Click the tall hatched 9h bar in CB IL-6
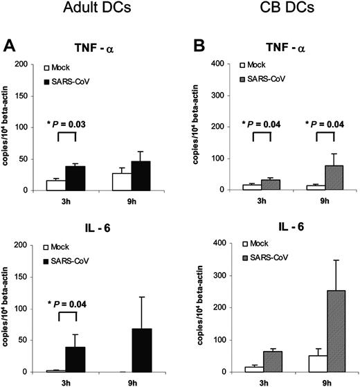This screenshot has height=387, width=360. point(298,321)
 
